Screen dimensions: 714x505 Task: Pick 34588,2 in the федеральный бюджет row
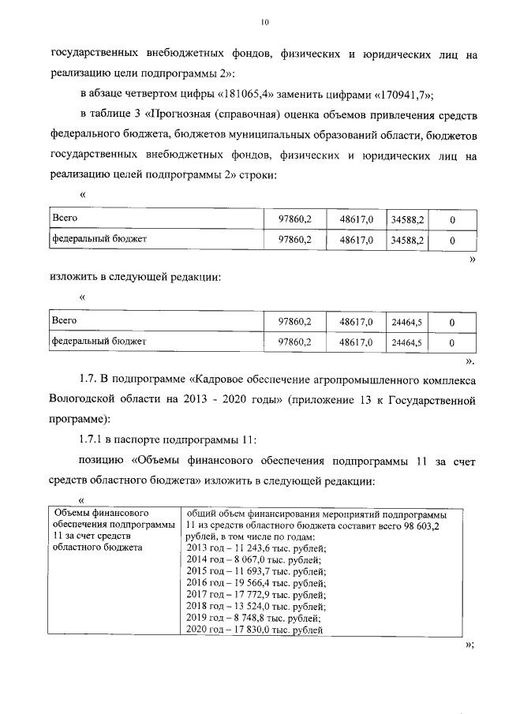(407, 238)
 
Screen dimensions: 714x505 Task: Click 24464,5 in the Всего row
(407, 322)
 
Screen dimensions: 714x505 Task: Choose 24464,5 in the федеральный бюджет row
(407, 342)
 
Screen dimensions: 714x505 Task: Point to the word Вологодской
(85, 398)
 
